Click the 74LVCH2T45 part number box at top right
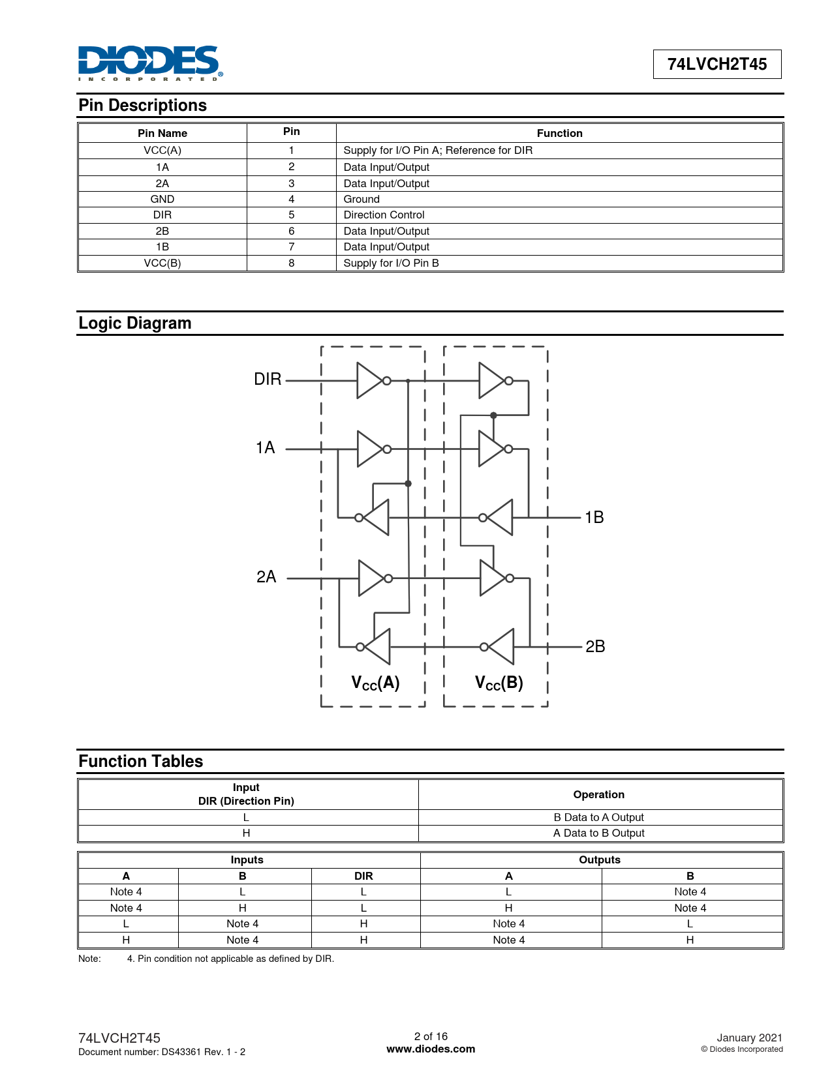tap(716, 64)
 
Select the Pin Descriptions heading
tap(142, 106)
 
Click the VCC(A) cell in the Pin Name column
tap(162, 150)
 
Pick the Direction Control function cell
tap(384, 215)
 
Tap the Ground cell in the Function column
tap(362, 199)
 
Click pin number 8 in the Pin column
tap(292, 263)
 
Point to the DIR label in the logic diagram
tap(268, 380)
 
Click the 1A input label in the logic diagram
tap(265, 447)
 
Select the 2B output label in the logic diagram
tap(595, 646)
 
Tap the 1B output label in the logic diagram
tap(594, 517)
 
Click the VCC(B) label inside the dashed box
tap(499, 683)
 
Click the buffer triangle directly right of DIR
tap(369, 381)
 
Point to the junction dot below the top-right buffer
tap(493, 415)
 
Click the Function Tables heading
tap(141, 761)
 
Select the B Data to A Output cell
tap(598, 817)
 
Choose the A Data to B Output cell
tap(598, 833)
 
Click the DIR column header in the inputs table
tap(363, 876)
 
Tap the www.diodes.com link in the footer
tap(431, 1049)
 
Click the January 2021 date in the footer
tap(749, 1038)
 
